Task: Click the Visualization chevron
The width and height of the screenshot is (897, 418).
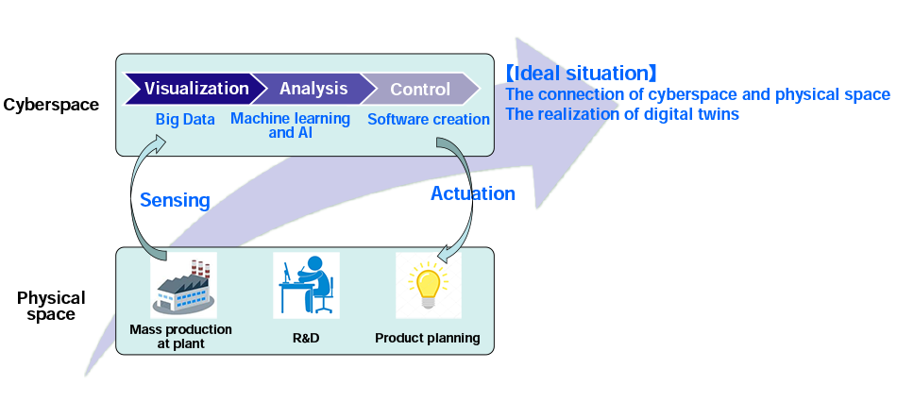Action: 194,89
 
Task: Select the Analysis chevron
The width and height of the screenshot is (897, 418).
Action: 313,89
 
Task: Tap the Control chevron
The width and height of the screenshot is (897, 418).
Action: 421,90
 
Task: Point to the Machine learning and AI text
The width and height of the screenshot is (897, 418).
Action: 290,125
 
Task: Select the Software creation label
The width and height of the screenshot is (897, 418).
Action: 428,120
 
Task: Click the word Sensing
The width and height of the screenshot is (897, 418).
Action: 175,200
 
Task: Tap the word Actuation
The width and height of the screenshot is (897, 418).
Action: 472,193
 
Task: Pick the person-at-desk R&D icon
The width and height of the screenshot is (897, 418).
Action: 306,285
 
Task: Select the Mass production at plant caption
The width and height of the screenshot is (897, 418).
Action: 181,337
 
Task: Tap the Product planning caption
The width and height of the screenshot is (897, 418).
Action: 428,338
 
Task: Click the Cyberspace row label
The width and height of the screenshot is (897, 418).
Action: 51,105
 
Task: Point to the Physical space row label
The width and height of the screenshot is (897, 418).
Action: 51,306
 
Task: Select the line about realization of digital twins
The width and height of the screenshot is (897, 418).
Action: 622,114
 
